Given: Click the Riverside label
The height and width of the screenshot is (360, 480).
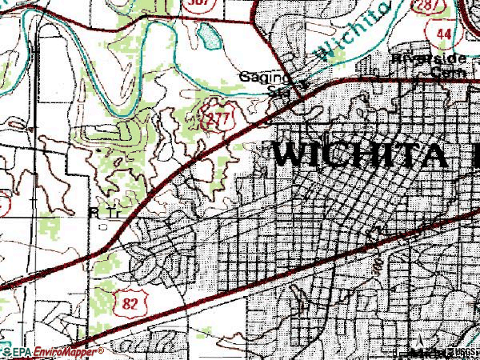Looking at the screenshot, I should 418,59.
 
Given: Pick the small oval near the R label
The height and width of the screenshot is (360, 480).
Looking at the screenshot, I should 104,226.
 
